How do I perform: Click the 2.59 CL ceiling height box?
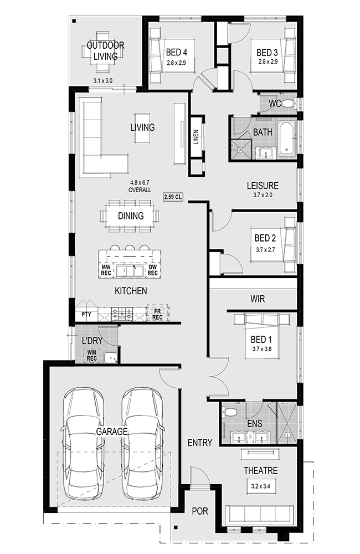click(173, 197)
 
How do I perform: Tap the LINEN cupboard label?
click(196, 137)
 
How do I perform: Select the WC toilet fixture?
click(289, 104)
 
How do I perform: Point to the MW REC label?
click(106, 270)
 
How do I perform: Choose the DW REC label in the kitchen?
click(153, 270)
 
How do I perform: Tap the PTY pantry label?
click(86, 315)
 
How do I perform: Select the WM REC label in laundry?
click(91, 356)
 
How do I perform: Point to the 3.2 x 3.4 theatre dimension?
click(261, 486)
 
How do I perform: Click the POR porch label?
click(200, 511)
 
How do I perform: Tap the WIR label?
click(258, 299)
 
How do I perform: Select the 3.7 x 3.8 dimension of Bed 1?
click(262, 349)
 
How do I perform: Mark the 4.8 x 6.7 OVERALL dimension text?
click(140, 186)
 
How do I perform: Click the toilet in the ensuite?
click(230, 412)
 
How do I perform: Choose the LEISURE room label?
click(263, 186)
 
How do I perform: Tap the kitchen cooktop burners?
click(122, 314)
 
